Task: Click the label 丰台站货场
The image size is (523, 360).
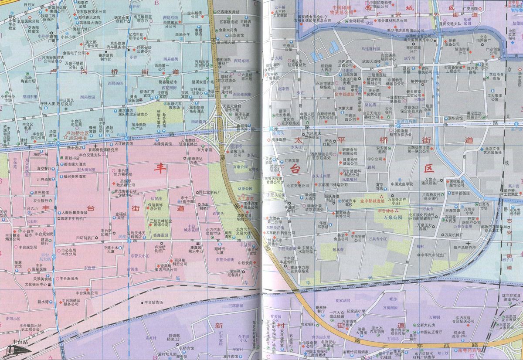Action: [x=153, y=302]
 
